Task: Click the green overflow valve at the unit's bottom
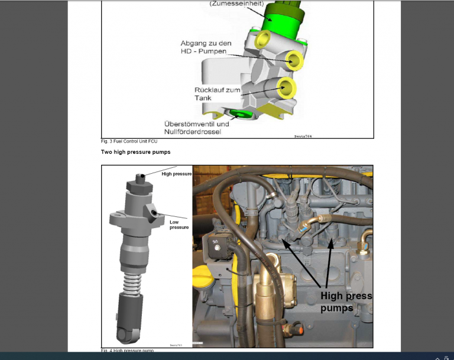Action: tap(240, 113)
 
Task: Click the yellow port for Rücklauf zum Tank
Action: tap(287, 88)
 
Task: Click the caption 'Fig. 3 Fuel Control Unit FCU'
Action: tap(129, 142)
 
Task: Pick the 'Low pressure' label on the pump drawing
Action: tap(179, 224)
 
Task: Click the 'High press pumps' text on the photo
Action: tap(346, 301)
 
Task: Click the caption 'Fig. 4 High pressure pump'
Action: tap(127, 351)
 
